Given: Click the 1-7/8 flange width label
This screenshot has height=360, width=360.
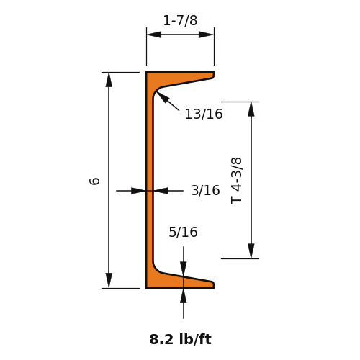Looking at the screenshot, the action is pos(180,20).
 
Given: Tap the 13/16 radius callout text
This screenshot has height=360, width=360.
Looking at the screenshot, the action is pos(204,114).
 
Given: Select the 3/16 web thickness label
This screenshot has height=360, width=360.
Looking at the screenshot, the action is pos(205,190).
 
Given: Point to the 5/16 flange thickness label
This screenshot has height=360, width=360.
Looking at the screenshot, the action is pos(183,232).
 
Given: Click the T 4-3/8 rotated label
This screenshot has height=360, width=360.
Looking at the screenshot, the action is pos(236,181).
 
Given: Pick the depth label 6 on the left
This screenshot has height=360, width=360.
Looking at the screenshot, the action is pos(94,181).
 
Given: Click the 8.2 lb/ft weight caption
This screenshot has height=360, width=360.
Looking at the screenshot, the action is pos(180,339).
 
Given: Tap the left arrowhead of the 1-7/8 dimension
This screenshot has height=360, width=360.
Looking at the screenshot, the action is pos(154,35).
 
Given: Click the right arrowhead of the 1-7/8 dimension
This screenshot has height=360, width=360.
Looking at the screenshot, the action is pos(207,35).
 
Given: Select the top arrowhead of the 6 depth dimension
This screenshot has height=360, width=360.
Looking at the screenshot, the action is pos(109,80).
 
